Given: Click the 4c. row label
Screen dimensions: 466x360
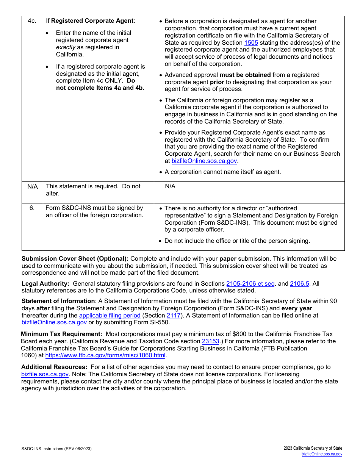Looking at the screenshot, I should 32,21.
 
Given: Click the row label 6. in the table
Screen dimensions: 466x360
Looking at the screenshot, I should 32,208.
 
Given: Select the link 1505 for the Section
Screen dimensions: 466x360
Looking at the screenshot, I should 251,42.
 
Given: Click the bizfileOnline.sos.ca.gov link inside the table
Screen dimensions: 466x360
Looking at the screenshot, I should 204,161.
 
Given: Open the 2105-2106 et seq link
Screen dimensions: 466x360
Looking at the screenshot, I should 250,283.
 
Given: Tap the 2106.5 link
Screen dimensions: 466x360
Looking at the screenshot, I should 299,283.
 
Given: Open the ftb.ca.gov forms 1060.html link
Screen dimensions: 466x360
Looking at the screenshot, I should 106,355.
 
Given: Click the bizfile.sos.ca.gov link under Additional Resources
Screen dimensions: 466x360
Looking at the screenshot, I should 45,374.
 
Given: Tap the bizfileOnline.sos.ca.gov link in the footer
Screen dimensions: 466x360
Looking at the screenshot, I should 322,454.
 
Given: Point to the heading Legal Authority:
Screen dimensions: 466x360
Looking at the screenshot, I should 45,283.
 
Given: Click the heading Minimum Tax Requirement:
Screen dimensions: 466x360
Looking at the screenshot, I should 61,334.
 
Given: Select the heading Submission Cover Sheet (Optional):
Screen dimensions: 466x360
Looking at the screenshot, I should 75,258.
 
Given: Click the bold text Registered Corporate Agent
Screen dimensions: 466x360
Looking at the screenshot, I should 92,21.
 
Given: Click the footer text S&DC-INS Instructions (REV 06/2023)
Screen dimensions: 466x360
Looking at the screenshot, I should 56,449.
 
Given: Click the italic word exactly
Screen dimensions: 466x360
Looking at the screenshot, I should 66,47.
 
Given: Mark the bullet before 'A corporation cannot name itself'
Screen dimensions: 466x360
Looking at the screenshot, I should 161,172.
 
